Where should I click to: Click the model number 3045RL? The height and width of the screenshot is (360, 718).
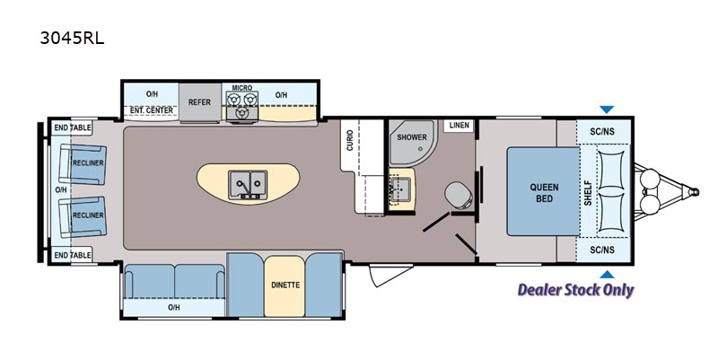72,38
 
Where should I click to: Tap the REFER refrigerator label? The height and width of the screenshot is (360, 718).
199,102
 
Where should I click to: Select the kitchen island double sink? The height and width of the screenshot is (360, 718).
248,185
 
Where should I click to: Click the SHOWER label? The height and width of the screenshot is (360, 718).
412,137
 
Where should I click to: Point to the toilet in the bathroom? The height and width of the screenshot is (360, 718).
459,195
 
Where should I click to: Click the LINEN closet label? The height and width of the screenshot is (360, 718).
459,125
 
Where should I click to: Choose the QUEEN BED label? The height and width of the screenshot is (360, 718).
544,193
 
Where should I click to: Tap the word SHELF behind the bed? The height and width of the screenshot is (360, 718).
588,192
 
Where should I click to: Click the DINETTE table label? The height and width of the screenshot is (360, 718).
285,285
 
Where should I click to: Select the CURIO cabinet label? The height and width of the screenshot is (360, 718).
350,140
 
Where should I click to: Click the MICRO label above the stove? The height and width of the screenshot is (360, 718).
241,87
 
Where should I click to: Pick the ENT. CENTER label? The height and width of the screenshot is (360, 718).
152,110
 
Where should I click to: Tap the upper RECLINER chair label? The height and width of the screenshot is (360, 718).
88,162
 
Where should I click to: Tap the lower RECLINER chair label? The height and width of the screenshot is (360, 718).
88,215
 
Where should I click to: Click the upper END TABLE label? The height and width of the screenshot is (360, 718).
73,127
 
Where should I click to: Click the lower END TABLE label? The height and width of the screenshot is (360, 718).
73,255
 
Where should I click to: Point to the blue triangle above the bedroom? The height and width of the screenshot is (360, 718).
607,110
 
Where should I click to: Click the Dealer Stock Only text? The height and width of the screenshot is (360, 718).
575,290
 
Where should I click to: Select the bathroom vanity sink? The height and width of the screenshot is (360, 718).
401,189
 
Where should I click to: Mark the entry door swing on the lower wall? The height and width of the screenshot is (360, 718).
384,276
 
